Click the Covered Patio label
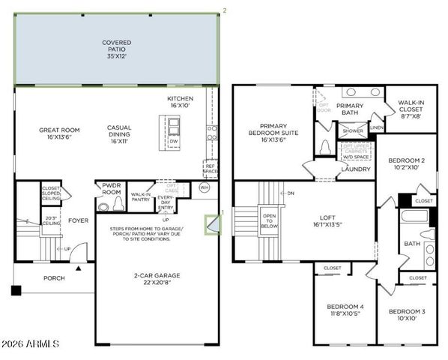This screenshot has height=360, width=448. [x=116, y=48]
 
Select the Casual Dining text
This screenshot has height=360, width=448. [x=120, y=134]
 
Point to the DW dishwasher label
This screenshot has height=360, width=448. [x=173, y=140]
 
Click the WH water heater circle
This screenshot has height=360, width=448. [x=205, y=187]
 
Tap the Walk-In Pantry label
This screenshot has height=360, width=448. [x=140, y=196]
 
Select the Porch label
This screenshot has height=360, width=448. [x=53, y=277]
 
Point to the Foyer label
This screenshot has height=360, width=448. [x=79, y=220]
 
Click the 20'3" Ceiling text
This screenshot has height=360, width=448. [x=52, y=221]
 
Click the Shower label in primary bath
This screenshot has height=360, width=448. [x=352, y=130]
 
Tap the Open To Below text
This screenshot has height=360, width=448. [x=268, y=222]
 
